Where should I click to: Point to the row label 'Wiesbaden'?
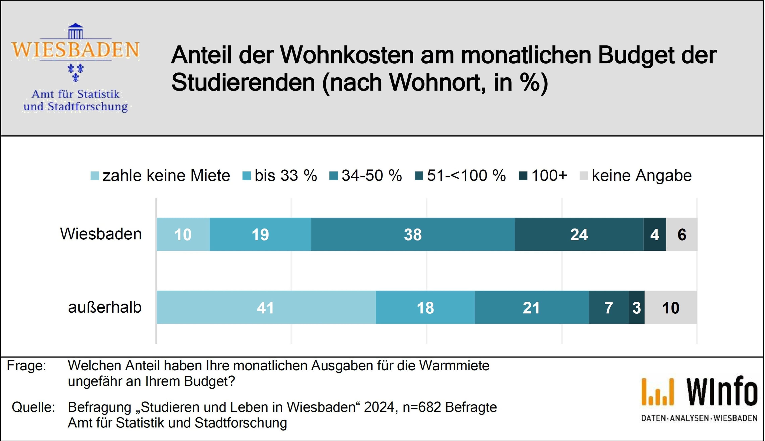point(101,234)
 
